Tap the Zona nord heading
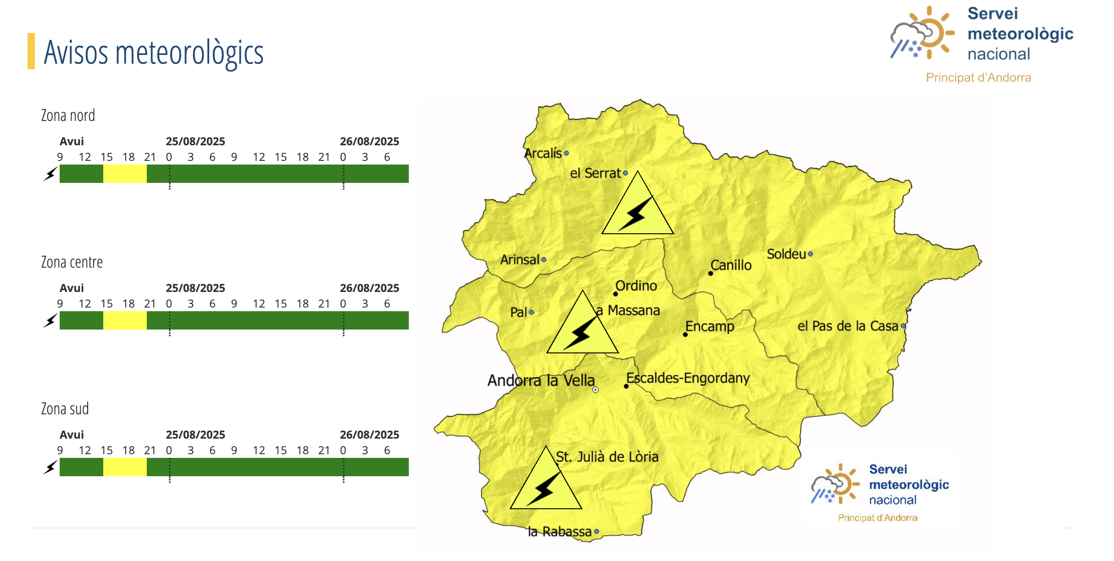68,115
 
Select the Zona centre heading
72,262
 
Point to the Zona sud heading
65,409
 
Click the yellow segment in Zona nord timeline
125,174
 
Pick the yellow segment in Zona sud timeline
125,467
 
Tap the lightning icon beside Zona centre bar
50,320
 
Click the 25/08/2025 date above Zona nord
195,141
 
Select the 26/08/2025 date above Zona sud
369,434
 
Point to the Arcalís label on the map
543,153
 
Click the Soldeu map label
786,254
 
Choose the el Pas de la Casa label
847,326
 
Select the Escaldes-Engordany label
688,378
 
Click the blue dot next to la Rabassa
596,532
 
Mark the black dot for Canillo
710,274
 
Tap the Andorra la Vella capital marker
595,390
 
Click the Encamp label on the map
709,326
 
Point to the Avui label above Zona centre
72,288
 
